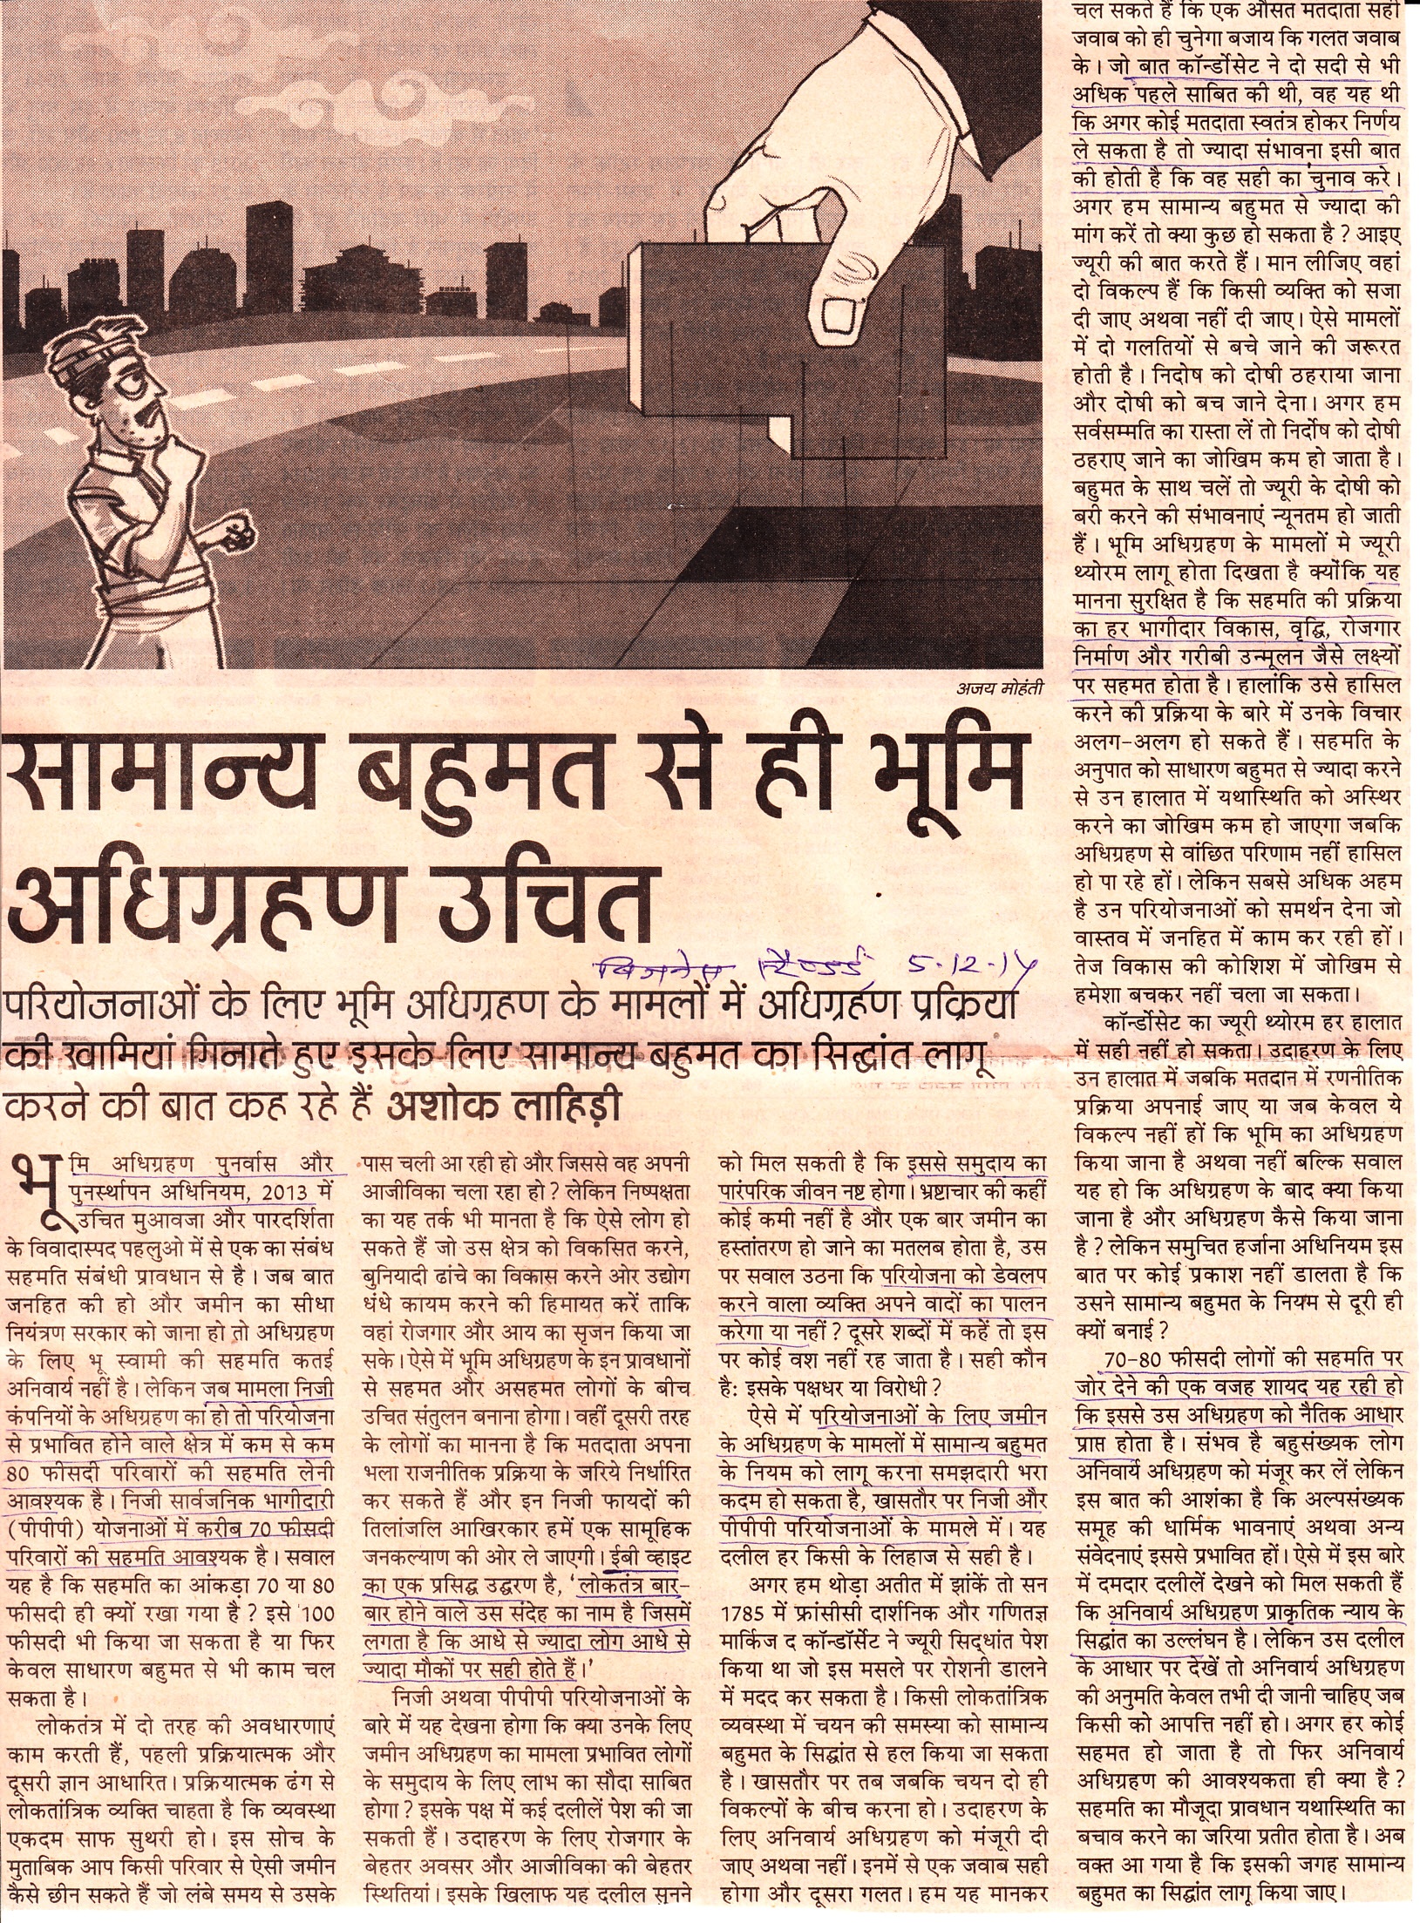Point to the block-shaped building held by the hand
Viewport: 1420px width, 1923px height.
[x=785, y=357]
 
